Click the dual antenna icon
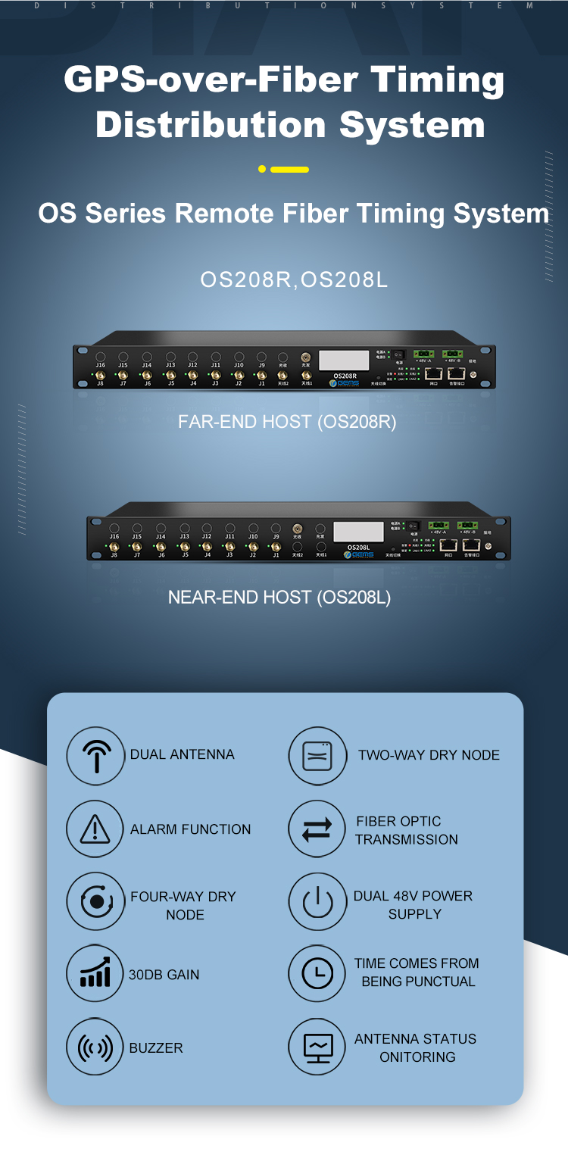pos(95,755)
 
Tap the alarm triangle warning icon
pos(95,829)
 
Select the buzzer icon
pos(95,1048)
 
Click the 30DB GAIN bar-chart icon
pos(95,974)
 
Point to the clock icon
pos(317,973)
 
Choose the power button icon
pos(317,904)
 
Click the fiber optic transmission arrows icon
pos(317,830)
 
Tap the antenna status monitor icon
pos(317,1047)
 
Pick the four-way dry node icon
pos(95,902)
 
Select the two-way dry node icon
pos(317,756)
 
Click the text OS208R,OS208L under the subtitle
pos(294,280)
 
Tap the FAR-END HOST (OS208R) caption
pos(287,422)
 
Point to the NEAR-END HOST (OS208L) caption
pos(279,598)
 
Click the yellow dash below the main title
pos(289,170)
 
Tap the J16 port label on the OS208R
pos(101,365)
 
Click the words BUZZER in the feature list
pos(156,1048)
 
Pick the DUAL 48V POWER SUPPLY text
pos(414,905)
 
